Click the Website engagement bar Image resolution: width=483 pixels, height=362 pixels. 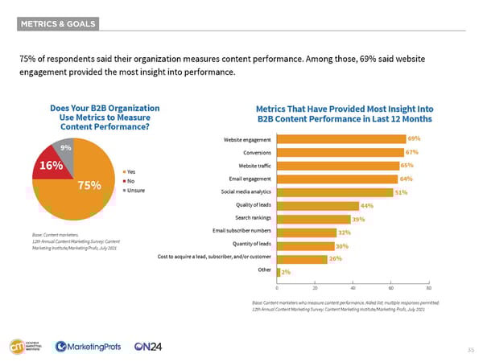coord(341,139)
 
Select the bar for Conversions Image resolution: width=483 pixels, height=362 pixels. coord(340,152)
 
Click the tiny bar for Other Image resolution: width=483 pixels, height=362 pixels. coord(279,271)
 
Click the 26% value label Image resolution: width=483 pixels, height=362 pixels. coord(335,258)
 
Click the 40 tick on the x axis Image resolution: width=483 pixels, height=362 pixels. coord(353,287)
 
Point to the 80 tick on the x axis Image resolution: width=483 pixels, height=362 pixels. coord(429,287)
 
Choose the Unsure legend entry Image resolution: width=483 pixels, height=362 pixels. coord(134,191)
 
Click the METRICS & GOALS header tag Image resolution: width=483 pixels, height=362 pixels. coord(59,23)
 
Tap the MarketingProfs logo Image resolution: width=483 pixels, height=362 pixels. coord(85,347)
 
